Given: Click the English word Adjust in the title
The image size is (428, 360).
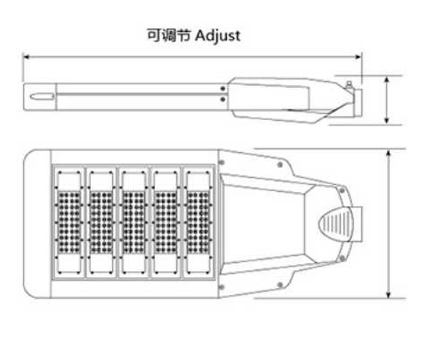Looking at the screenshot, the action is tap(218, 36).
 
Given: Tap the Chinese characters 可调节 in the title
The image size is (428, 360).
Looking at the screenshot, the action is tap(169, 36).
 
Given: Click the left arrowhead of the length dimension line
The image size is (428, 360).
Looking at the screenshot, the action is tap(27, 57).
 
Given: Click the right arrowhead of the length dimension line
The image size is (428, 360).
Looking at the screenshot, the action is tap(358, 57).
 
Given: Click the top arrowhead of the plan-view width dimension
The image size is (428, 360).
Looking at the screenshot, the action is tap(389, 154).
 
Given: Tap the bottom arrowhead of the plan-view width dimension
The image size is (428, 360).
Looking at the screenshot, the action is tap(389, 294).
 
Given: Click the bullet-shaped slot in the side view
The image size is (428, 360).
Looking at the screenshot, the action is tap(42, 96).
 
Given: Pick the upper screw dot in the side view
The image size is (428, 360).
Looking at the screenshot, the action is tap(222, 89).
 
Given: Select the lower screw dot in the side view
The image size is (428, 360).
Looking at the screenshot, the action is tap(222, 100).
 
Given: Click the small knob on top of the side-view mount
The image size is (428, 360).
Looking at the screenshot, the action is tap(349, 84).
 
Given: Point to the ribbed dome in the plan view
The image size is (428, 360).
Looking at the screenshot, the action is tap(335, 224).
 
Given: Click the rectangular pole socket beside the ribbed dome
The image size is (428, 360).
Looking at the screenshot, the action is tap(357, 224).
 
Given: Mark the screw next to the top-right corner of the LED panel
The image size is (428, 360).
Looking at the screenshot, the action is tap(221, 163).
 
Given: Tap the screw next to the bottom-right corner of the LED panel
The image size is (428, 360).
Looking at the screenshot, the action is tap(221, 287).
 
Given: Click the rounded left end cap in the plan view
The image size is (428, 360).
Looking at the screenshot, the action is tap(37, 224).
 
